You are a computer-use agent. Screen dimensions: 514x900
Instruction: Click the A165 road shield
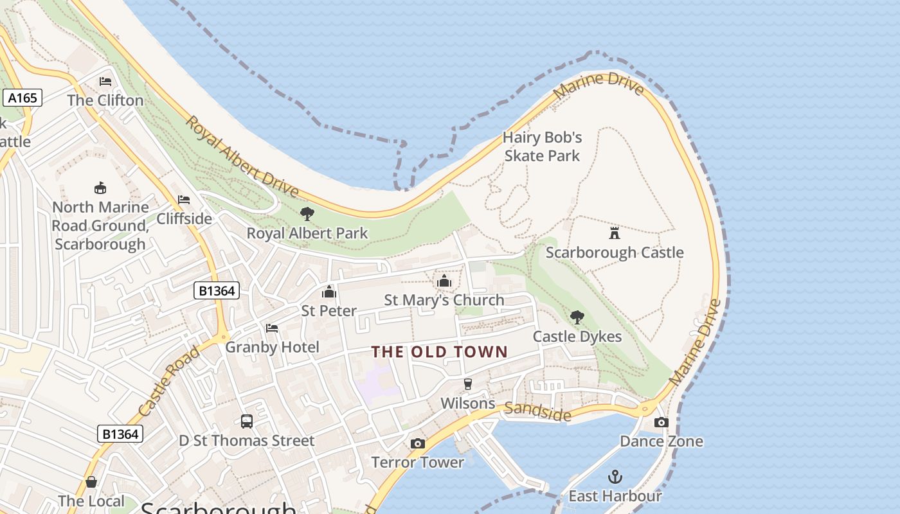(x=22, y=98)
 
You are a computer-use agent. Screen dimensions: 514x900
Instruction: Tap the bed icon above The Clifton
(x=105, y=82)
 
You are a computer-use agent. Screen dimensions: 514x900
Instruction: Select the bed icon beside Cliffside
(x=184, y=200)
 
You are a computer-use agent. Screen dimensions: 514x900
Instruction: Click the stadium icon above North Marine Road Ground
(x=100, y=188)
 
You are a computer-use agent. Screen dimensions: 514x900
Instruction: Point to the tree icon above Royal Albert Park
(x=307, y=213)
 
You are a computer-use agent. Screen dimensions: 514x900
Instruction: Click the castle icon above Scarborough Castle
(x=615, y=233)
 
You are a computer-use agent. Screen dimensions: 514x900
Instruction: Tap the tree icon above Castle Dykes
(x=577, y=317)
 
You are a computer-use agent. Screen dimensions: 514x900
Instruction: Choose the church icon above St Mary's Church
(x=444, y=281)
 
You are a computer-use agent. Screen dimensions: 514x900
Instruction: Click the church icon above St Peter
(x=329, y=292)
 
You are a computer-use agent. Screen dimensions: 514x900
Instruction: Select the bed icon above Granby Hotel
(x=272, y=328)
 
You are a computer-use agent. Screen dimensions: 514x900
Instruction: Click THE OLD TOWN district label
(x=440, y=352)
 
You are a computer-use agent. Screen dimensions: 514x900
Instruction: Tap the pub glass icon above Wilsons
(x=468, y=384)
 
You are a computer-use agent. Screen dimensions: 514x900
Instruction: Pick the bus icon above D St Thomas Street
(x=247, y=421)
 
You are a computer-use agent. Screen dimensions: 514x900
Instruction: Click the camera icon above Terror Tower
(x=418, y=443)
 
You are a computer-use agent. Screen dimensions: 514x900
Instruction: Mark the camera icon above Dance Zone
(x=661, y=422)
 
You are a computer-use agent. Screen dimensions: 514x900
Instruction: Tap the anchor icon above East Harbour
(x=615, y=477)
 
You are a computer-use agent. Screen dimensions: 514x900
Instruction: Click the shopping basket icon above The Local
(x=91, y=482)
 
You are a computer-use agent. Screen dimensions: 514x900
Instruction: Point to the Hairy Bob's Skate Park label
(x=543, y=146)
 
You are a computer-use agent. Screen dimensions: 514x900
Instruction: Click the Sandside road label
(x=537, y=412)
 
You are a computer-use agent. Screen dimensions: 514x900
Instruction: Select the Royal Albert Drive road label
(x=242, y=157)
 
